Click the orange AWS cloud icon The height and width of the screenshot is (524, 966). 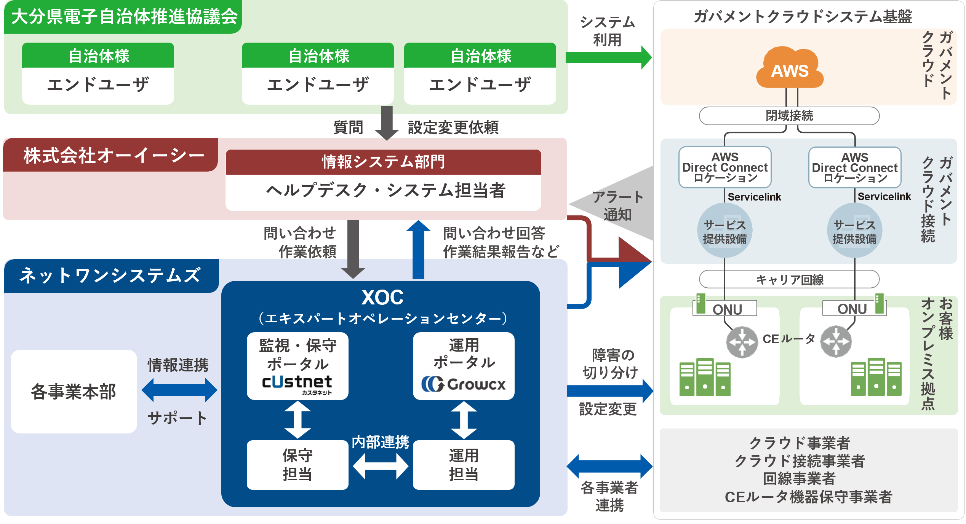(x=790, y=68)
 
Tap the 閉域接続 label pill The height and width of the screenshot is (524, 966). (x=789, y=115)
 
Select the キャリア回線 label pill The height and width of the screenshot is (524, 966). (x=789, y=280)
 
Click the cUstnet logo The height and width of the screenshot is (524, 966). (x=297, y=383)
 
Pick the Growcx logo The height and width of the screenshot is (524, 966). (x=463, y=384)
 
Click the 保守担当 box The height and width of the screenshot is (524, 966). (x=297, y=465)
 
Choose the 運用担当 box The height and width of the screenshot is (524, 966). (x=463, y=465)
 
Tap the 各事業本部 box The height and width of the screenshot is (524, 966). (x=74, y=391)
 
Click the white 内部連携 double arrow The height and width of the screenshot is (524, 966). (x=380, y=466)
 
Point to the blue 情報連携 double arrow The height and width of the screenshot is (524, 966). (x=179, y=390)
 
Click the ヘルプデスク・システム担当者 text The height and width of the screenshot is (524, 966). (x=385, y=191)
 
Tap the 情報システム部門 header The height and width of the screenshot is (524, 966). (x=383, y=162)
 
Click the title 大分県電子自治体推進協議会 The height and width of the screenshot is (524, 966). (x=124, y=17)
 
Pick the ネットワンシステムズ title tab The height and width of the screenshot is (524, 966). (x=110, y=276)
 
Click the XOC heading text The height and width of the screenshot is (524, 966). (x=382, y=297)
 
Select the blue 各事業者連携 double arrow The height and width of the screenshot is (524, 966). (x=609, y=466)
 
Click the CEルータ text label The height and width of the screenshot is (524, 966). (x=788, y=339)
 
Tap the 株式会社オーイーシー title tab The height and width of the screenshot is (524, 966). (x=114, y=155)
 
